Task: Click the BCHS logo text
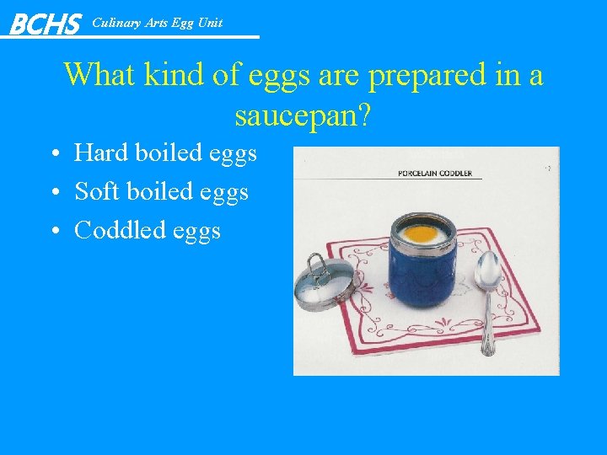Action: [44, 24]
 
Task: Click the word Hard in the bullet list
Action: [100, 153]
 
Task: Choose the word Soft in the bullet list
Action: [97, 191]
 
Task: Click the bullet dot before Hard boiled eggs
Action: [53, 154]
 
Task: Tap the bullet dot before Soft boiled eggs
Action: [53, 193]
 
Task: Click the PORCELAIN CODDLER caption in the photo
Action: [434, 174]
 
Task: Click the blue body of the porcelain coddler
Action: [422, 274]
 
